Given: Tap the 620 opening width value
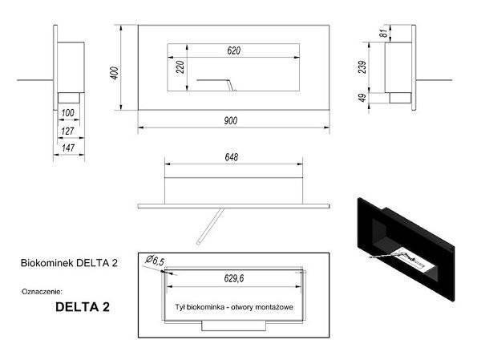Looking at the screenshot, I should (x=233, y=51).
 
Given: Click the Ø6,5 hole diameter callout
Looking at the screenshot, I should (x=156, y=260).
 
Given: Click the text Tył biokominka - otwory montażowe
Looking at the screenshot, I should (x=231, y=307).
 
